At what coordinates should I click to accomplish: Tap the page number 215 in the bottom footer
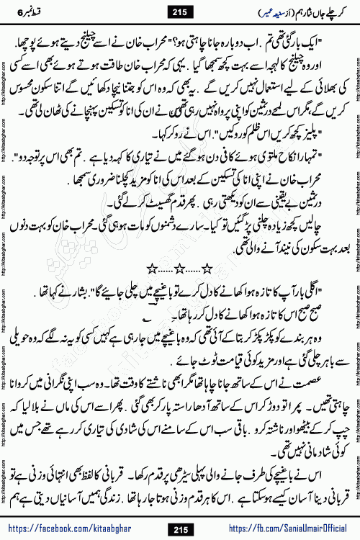point(180,528)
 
